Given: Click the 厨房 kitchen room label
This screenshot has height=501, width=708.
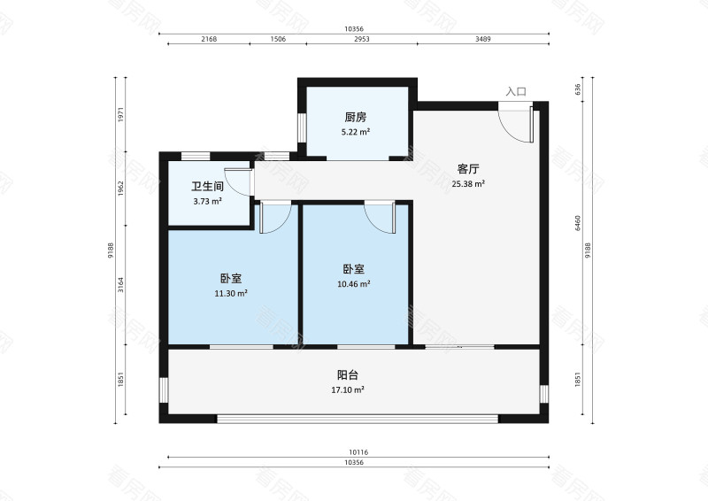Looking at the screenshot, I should pyautogui.click(x=356, y=118).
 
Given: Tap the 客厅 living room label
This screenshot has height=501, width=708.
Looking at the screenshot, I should pyautogui.click(x=468, y=168).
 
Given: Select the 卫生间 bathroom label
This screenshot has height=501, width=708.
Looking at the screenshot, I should pyautogui.click(x=207, y=187).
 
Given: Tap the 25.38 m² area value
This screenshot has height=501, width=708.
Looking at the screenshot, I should pyautogui.click(x=468, y=184).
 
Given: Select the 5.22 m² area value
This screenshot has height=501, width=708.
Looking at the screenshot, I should pyautogui.click(x=356, y=132).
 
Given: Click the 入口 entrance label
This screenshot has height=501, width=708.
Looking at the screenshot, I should pyautogui.click(x=516, y=91).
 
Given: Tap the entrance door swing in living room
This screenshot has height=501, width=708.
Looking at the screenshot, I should pyautogui.click(x=515, y=122).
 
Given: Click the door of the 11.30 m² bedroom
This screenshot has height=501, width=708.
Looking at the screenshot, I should pyautogui.click(x=274, y=217).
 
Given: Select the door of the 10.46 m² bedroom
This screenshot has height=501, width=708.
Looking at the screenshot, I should pyautogui.click(x=380, y=217).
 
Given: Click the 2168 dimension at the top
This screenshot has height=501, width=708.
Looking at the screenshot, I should pyautogui.click(x=209, y=40).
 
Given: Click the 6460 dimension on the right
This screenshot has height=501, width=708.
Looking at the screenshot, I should pyautogui.click(x=577, y=222).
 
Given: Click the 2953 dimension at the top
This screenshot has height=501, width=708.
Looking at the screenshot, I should pyautogui.click(x=362, y=40).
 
